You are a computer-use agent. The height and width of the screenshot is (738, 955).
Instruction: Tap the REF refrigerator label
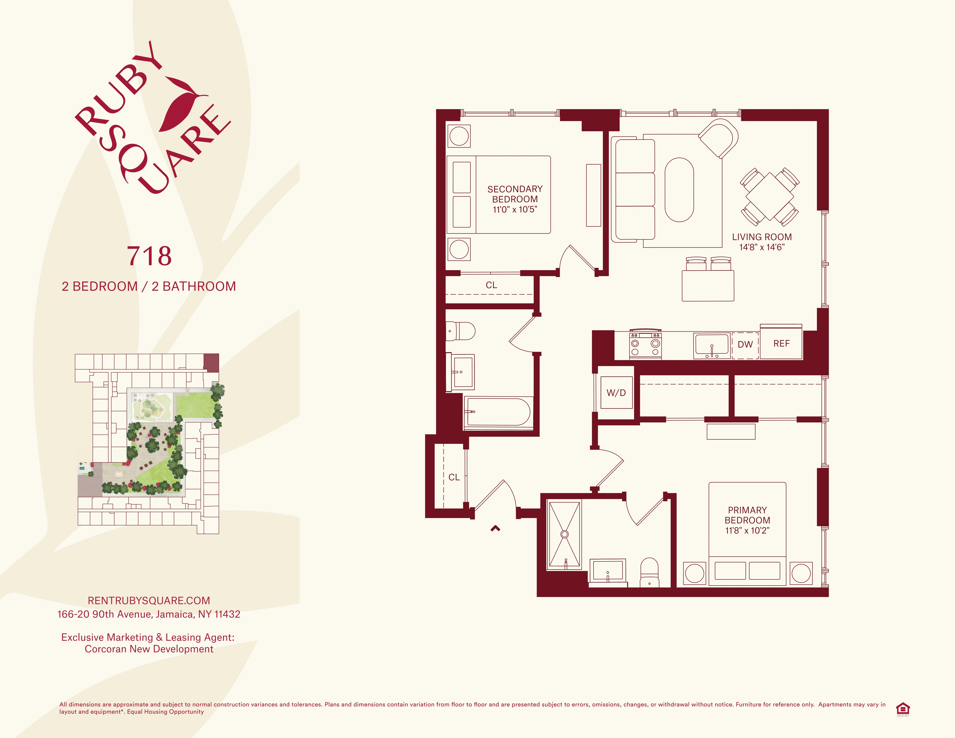click(781, 344)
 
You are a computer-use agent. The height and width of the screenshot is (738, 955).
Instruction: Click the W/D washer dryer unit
click(616, 393)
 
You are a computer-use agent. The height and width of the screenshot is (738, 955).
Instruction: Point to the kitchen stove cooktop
click(645, 345)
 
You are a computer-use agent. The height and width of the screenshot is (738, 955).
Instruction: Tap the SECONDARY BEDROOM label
click(515, 199)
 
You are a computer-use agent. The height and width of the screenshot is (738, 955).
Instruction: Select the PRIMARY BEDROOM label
click(747, 520)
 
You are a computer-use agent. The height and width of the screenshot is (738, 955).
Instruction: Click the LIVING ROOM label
click(762, 237)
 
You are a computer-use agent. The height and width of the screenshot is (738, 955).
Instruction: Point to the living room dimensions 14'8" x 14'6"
click(762, 247)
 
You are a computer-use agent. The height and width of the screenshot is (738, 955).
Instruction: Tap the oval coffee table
click(679, 190)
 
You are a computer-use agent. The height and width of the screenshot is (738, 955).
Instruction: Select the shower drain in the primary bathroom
click(564, 534)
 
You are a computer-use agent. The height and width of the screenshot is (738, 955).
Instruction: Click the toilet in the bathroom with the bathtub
click(461, 331)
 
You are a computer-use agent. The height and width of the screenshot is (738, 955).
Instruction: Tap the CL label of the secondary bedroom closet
click(491, 285)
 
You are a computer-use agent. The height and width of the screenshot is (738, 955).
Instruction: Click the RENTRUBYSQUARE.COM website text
click(149, 601)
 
